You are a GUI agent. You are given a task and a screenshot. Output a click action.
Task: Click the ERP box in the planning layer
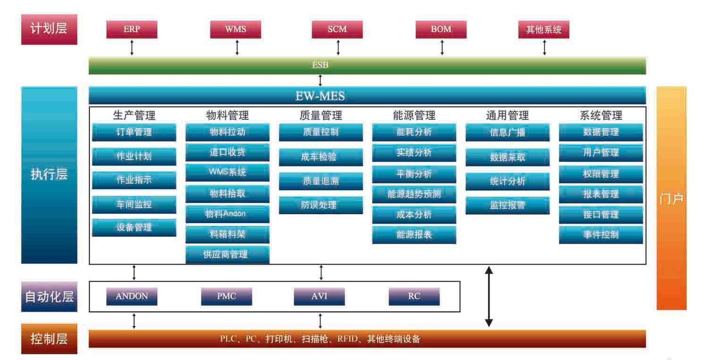pyautogui.click(x=132, y=30)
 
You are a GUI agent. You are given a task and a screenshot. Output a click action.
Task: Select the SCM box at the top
pyautogui.click(x=337, y=30)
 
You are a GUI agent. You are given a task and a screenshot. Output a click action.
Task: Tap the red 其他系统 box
pyautogui.click(x=544, y=30)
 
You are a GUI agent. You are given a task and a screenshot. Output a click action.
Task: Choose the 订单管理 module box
pyautogui.click(x=134, y=133)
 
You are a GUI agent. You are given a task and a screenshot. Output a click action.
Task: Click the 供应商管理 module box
pyautogui.click(x=228, y=255)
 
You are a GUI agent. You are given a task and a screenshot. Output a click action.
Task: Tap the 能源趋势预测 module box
pyautogui.click(x=414, y=194)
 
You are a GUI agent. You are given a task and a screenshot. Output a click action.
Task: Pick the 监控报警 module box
pyautogui.click(x=507, y=205)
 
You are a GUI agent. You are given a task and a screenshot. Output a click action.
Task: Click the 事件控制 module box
pyautogui.click(x=601, y=234)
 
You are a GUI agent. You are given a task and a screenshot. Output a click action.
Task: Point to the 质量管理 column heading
pyautogui.click(x=321, y=115)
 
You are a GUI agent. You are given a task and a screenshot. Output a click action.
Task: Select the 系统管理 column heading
pyautogui.click(x=601, y=115)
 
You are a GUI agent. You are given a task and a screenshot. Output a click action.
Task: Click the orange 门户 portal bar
pyautogui.click(x=671, y=198)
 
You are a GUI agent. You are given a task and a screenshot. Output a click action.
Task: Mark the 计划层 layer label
pyautogui.click(x=49, y=29)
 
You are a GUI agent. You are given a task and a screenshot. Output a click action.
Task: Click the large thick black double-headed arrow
pyautogui.click(x=489, y=297)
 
